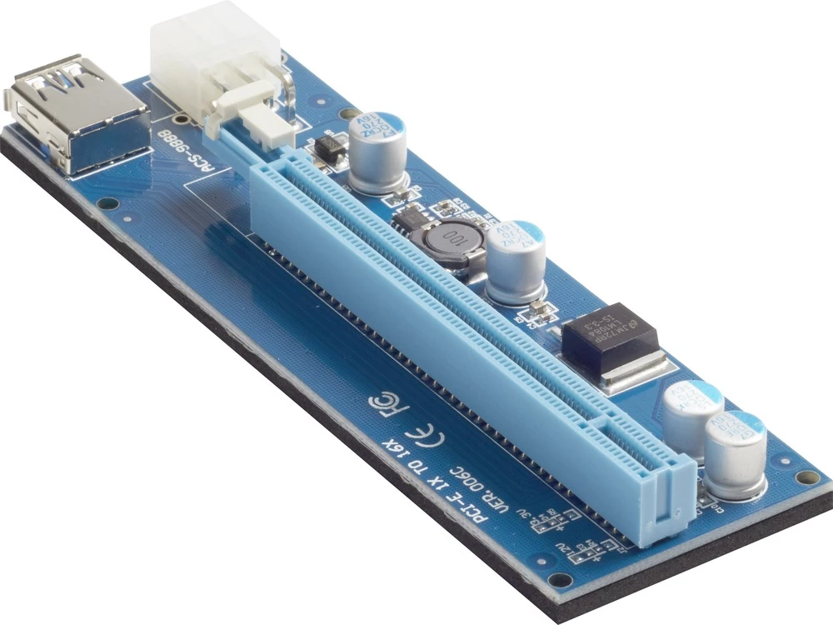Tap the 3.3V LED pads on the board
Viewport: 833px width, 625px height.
550,521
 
